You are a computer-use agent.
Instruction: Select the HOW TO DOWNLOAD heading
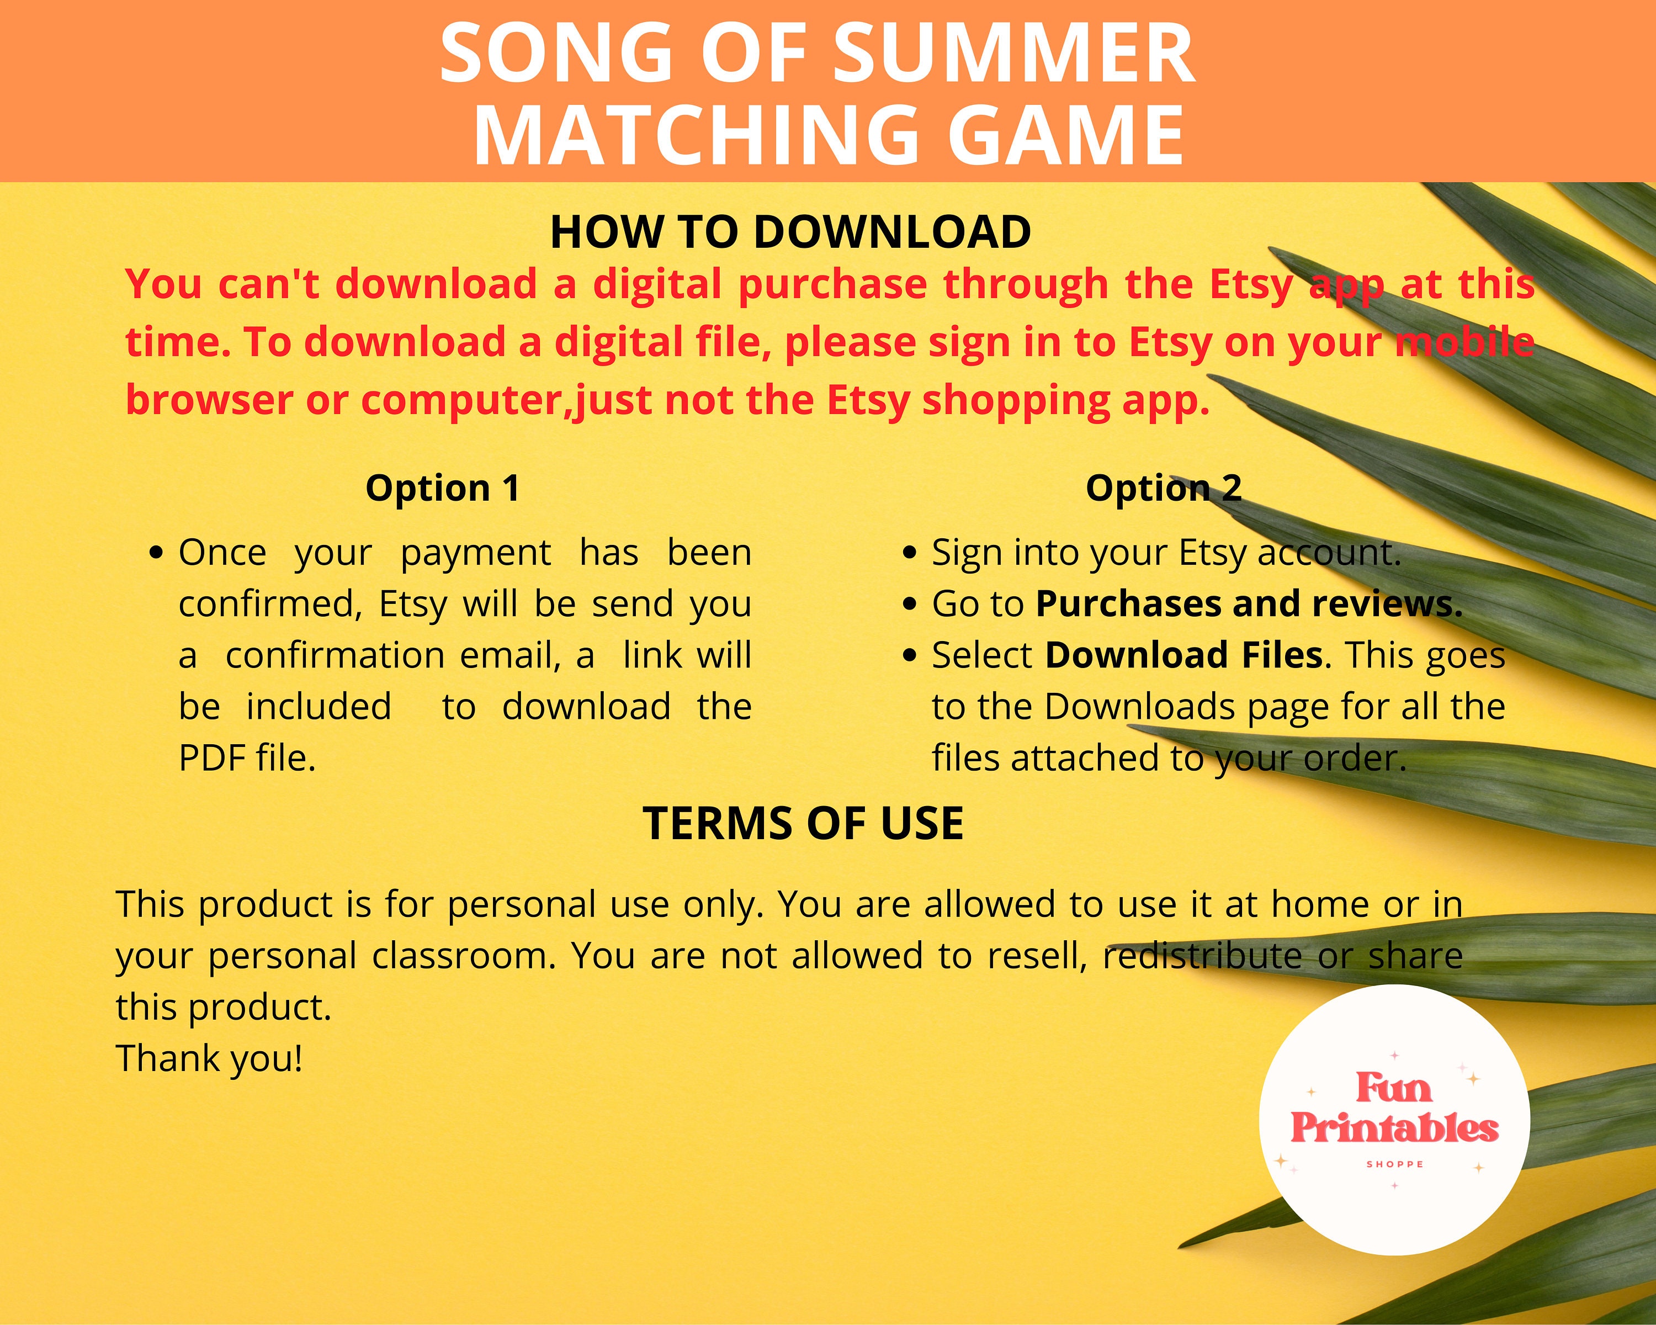point(790,232)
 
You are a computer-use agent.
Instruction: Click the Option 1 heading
point(442,489)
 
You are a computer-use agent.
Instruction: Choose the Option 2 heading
point(1163,489)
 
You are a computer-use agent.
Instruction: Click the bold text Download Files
point(1183,655)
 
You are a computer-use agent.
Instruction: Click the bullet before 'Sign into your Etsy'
point(910,553)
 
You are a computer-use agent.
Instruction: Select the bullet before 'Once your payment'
point(157,553)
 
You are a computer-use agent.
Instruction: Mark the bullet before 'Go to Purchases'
point(910,605)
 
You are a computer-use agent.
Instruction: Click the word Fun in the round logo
point(1393,1088)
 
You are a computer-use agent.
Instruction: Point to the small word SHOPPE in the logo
point(1395,1164)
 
